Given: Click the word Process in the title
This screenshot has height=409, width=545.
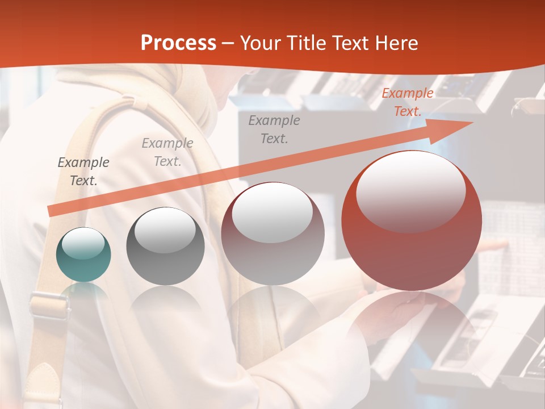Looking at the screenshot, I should coord(178,43).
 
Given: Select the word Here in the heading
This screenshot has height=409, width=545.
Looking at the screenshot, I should coord(395,43).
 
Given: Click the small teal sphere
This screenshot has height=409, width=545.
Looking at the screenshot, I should coord(83,254).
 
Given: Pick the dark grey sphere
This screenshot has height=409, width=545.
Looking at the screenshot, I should coord(165,246).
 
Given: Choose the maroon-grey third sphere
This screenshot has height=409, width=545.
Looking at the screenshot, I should coord(272,233).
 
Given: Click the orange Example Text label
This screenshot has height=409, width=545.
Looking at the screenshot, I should coord(407,102).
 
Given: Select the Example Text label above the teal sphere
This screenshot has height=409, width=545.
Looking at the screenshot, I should coord(83,172).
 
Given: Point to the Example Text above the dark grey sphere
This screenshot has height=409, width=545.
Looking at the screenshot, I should coord(167,152).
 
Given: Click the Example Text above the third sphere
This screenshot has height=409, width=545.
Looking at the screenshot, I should coord(274,129).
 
